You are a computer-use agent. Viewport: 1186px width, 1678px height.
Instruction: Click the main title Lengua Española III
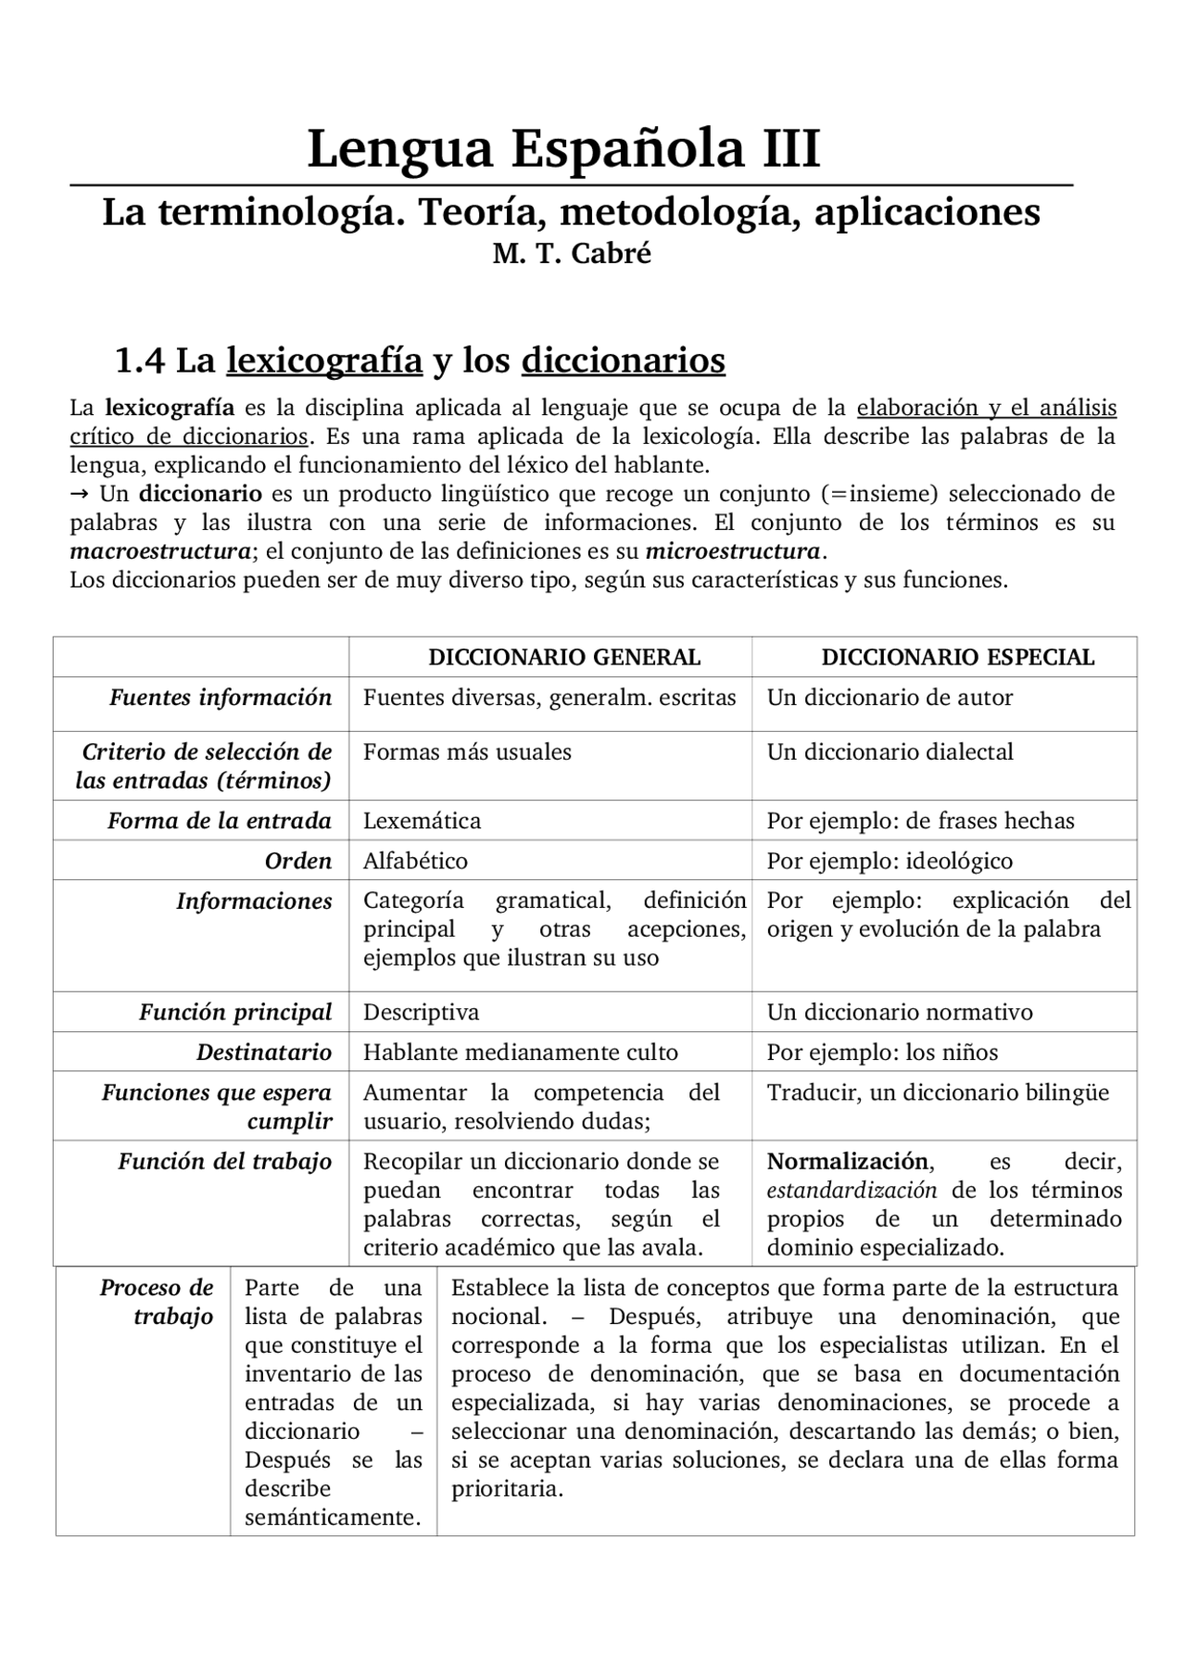[x=563, y=148]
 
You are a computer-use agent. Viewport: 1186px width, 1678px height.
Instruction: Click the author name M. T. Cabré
[x=572, y=254]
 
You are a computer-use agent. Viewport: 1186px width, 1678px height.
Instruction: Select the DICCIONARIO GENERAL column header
[x=563, y=657]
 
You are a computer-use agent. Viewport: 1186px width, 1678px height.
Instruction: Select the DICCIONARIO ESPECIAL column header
[x=957, y=657]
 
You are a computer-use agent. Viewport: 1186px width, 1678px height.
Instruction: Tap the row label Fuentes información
[x=221, y=698]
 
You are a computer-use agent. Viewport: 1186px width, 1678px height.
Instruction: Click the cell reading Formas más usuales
[x=467, y=752]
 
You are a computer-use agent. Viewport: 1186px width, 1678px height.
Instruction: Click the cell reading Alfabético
[x=415, y=861]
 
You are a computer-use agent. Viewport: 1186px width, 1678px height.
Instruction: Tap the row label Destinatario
[x=263, y=1053]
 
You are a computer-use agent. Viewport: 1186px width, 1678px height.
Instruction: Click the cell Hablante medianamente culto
[x=520, y=1053]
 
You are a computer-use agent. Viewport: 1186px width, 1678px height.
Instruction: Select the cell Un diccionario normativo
[x=899, y=1013]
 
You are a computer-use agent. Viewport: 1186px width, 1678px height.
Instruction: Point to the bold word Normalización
[x=847, y=1162]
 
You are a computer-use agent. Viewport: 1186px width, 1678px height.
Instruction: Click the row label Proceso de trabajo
[x=157, y=1302]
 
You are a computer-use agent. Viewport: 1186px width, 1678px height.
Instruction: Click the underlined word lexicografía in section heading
[x=324, y=360]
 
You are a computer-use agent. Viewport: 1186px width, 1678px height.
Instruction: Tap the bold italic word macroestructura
[x=159, y=552]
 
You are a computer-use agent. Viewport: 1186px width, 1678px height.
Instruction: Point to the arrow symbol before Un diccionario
[x=80, y=494]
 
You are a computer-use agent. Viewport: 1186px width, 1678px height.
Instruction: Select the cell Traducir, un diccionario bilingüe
[x=937, y=1093]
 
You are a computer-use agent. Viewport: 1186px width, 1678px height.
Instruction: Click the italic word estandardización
[x=852, y=1191]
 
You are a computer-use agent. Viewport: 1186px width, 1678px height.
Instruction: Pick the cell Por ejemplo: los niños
[x=882, y=1053]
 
